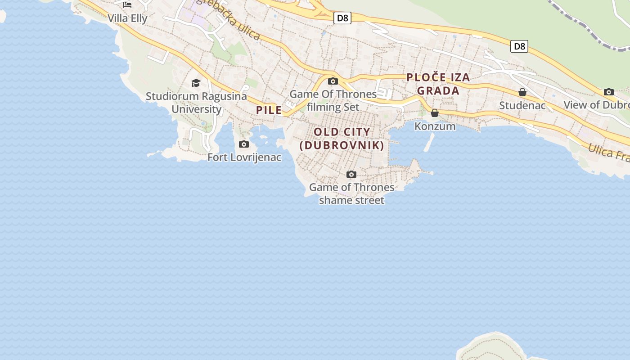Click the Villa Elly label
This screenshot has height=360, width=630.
tap(127, 18)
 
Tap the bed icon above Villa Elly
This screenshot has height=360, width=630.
tap(127, 5)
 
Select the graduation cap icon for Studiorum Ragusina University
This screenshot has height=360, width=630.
tap(196, 83)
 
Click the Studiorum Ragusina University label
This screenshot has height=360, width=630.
tap(196, 103)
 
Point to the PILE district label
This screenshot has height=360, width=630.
tap(269, 110)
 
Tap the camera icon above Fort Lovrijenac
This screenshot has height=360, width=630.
tap(244, 144)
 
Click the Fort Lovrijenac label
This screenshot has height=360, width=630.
tap(244, 157)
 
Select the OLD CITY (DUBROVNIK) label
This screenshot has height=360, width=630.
tap(342, 139)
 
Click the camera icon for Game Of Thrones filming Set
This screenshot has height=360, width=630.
tap(333, 81)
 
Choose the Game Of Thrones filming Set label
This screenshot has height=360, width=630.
tap(333, 100)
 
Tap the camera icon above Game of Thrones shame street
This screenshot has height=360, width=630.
tap(351, 174)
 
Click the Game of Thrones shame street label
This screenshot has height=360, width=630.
tap(351, 193)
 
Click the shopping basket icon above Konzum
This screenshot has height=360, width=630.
tap(435, 113)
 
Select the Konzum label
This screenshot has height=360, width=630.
tap(435, 126)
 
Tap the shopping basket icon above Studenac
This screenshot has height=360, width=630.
tap(522, 92)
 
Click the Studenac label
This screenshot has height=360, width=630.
tap(522, 106)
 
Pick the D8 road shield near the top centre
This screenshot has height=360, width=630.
tap(342, 18)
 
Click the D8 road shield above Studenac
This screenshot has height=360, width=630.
tap(519, 46)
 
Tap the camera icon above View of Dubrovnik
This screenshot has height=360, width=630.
tap(609, 92)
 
